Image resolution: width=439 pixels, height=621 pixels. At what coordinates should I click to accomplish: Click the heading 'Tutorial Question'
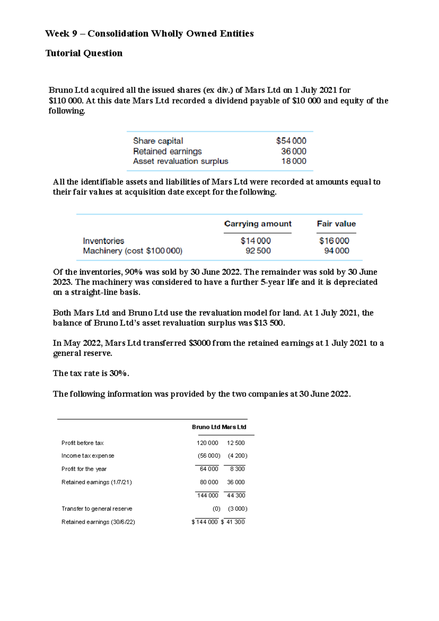[x=84, y=53]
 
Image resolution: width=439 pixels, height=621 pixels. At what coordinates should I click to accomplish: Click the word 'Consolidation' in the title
[x=118, y=34]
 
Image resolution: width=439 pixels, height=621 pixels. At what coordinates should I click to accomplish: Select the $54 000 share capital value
[x=291, y=141]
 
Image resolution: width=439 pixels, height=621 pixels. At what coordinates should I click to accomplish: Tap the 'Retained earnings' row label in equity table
[x=167, y=151]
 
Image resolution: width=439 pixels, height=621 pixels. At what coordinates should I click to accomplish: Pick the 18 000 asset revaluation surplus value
[x=293, y=161]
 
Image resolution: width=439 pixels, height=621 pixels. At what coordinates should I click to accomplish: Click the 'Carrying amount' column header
[x=258, y=224]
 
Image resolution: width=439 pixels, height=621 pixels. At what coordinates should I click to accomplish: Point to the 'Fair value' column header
[x=336, y=224]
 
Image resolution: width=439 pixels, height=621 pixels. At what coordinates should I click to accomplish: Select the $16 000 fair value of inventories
[x=334, y=241]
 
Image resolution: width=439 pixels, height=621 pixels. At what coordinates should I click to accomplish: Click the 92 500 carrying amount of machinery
[x=258, y=251]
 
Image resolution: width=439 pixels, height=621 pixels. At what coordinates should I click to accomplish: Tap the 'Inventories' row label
[x=104, y=241]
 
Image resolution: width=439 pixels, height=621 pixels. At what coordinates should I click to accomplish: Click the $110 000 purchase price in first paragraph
[x=66, y=101]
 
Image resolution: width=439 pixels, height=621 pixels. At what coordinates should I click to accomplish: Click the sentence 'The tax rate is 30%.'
[x=91, y=374]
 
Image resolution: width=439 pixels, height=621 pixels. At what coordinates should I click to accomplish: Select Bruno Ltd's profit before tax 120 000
[x=207, y=443]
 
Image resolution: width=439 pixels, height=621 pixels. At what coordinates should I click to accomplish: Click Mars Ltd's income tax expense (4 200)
[x=237, y=456]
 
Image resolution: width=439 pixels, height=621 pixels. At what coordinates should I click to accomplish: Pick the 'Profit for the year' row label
[x=84, y=469]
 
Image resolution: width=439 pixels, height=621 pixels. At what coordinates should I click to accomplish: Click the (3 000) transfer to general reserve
[x=237, y=509]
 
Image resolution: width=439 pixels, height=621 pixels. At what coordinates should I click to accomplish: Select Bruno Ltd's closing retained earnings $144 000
[x=205, y=522]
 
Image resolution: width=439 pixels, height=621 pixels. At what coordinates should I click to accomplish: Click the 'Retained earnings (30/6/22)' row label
[x=98, y=522]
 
